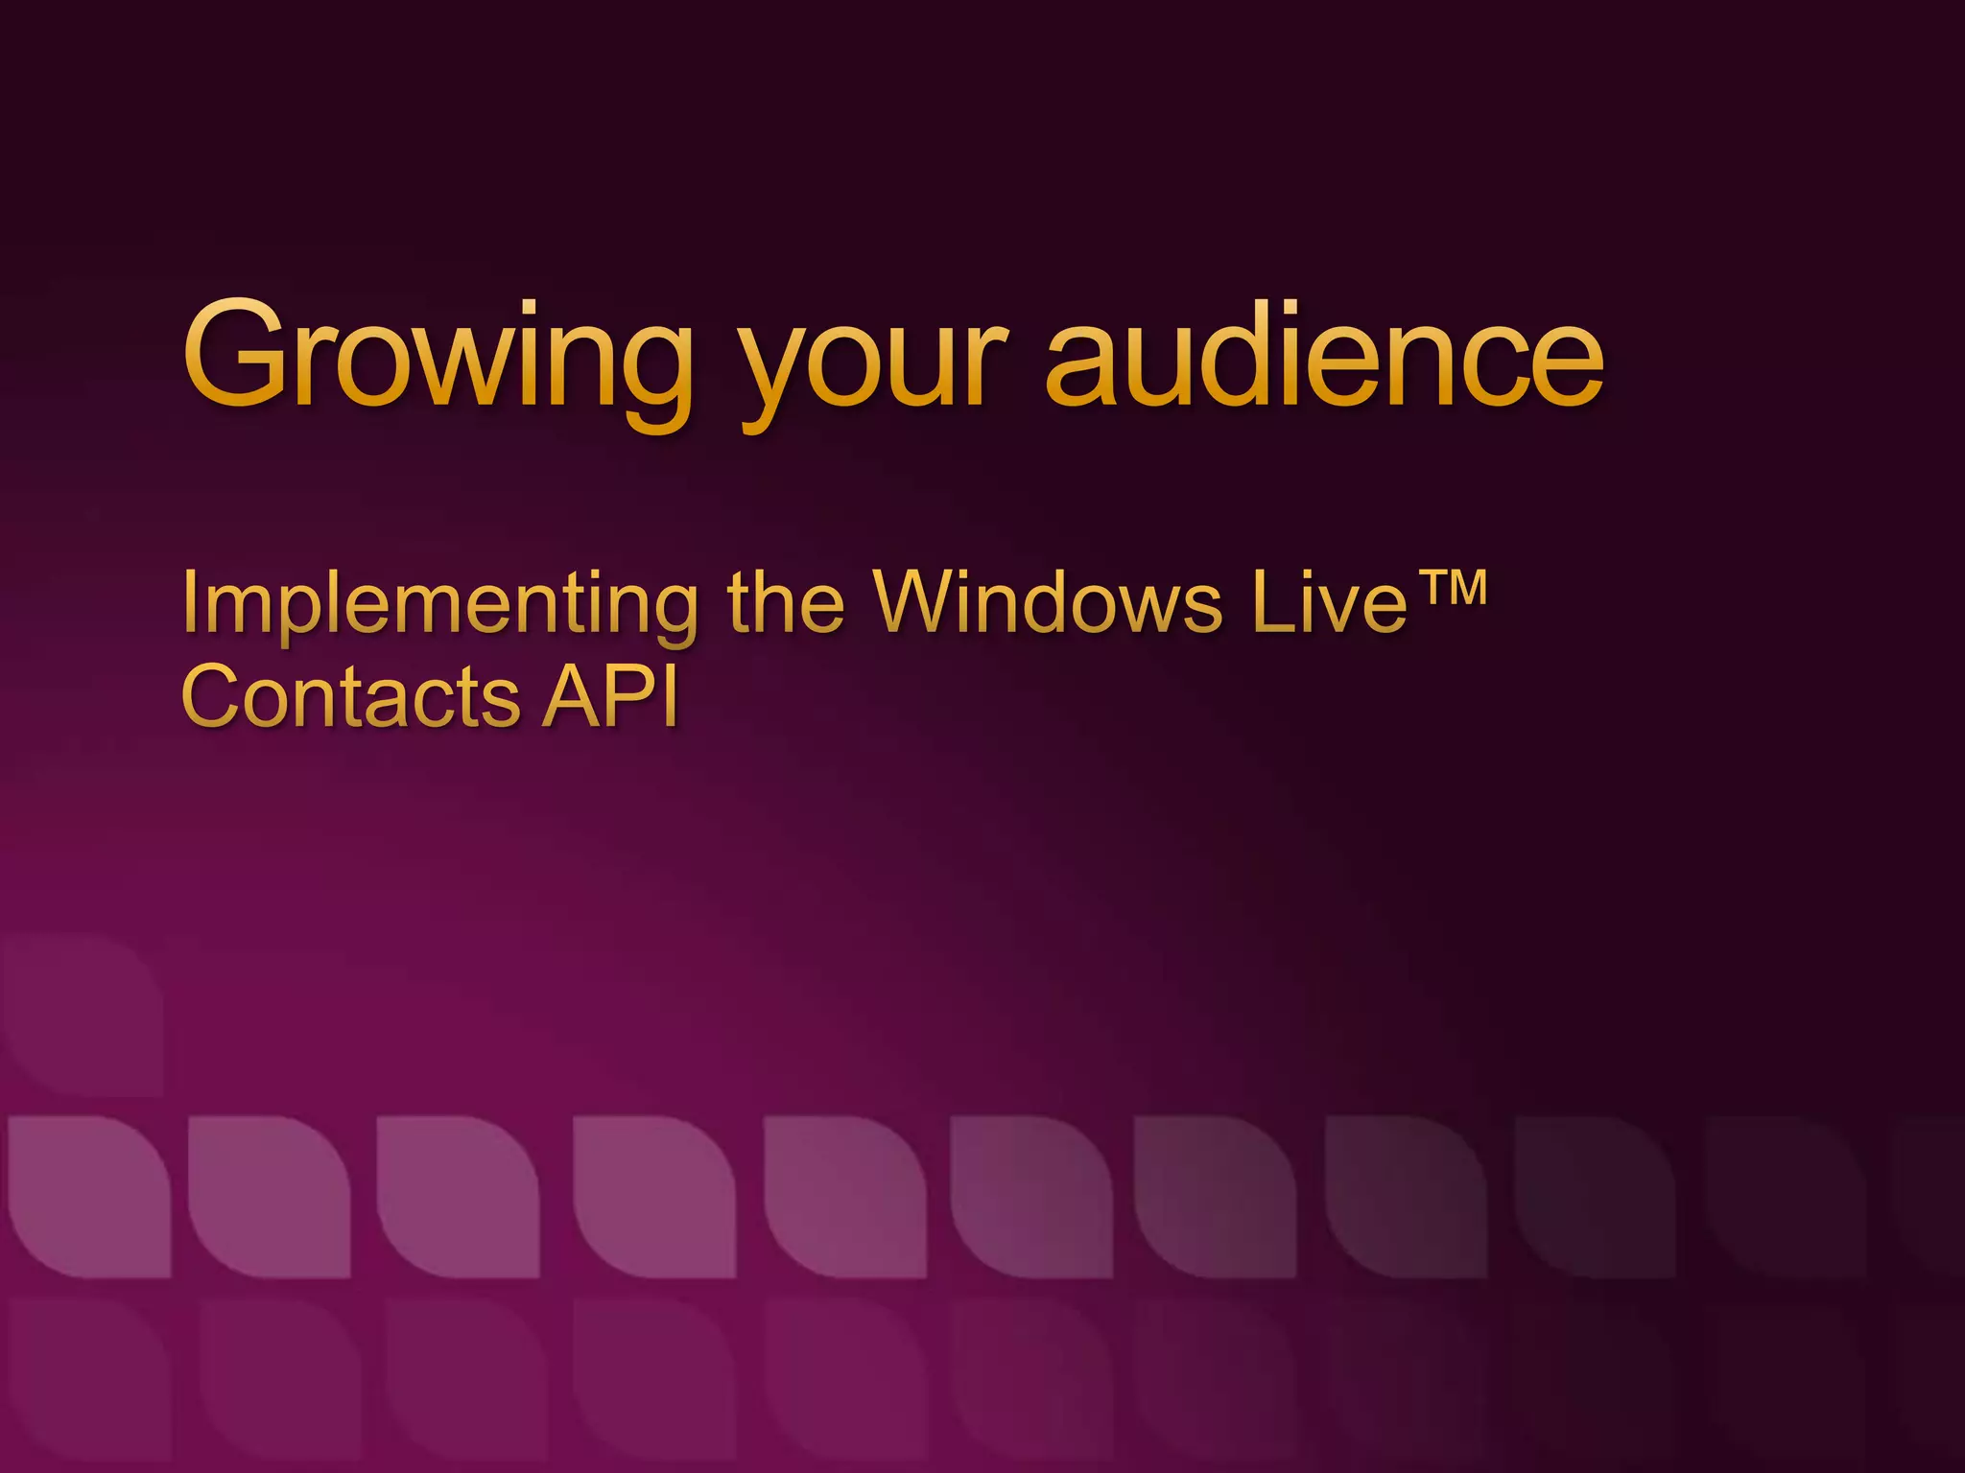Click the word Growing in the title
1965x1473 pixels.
click(x=438, y=360)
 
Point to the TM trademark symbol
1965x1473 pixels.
click(x=1453, y=587)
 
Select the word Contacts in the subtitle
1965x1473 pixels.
click(x=350, y=695)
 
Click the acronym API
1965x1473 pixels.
click(x=611, y=695)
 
